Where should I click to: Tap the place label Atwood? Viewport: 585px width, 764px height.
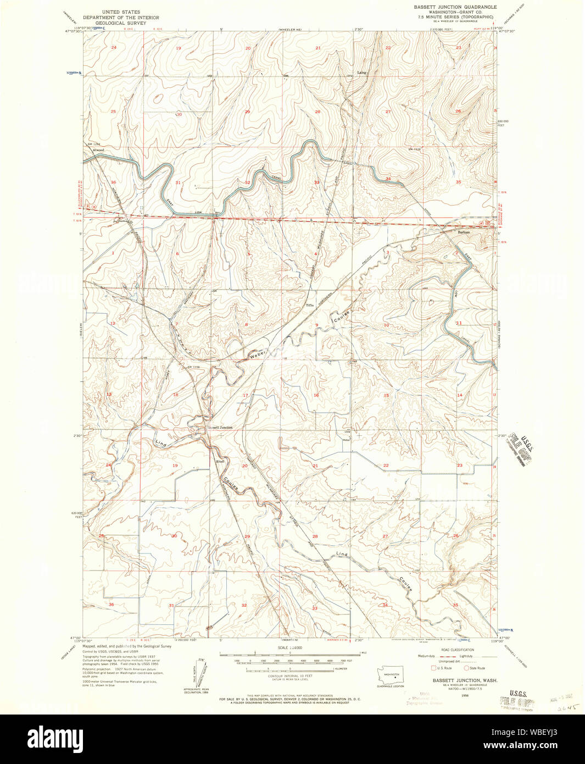tap(98, 150)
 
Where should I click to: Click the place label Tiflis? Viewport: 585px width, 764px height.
tap(310, 306)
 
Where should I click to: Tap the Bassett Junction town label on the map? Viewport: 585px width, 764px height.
tap(219, 427)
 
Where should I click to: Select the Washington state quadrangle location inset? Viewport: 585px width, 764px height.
tap(391, 675)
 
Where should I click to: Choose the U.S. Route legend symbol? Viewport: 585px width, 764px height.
tap(433, 668)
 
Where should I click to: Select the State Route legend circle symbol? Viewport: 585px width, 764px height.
tap(467, 668)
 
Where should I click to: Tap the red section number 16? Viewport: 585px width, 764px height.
tap(316, 395)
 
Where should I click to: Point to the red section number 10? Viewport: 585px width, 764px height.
tap(386, 325)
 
